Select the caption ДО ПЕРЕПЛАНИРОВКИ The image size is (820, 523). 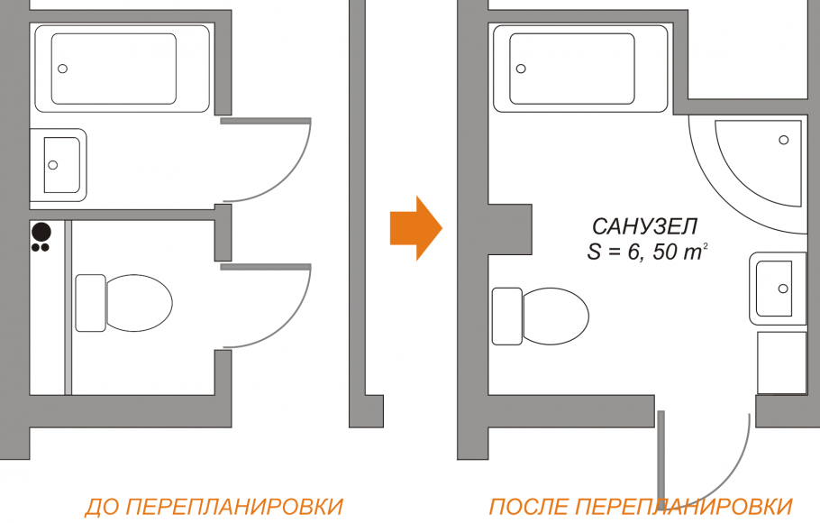point(214,506)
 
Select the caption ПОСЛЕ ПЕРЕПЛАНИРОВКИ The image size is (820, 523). point(641,506)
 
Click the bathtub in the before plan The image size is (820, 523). point(122,69)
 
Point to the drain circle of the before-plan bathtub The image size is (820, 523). point(63,69)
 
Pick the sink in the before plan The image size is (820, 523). point(59,164)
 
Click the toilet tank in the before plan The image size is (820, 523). point(90,302)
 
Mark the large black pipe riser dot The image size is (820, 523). point(41,229)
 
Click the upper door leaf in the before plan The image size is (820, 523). point(266,121)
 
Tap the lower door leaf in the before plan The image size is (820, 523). point(266,266)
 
